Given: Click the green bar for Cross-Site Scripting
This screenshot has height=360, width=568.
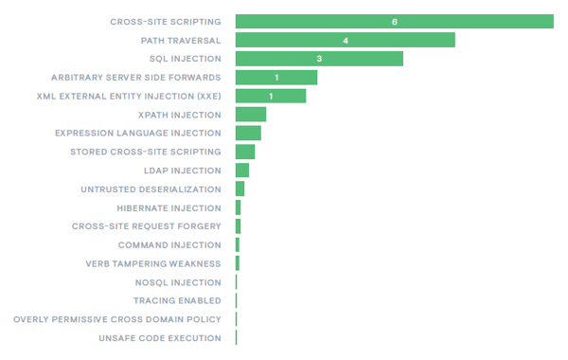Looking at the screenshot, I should tap(394, 22).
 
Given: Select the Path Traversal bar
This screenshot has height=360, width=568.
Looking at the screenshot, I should tap(345, 40).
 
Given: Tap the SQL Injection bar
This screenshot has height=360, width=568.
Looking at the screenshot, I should tap(319, 59).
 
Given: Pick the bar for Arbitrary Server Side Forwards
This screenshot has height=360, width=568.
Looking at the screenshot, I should tap(275, 78).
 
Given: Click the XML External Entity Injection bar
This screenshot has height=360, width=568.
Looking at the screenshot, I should tap(270, 96).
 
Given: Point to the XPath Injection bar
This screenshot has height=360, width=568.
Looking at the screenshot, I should tap(251, 115).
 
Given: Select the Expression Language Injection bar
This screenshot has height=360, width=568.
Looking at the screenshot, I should tap(248, 134).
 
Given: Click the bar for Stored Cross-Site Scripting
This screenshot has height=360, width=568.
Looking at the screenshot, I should tap(245, 152).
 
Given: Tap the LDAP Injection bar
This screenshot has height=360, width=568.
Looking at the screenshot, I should tap(242, 171).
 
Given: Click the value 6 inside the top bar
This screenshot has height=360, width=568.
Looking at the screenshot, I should tap(394, 22).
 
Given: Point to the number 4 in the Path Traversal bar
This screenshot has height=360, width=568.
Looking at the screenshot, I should tap(346, 40).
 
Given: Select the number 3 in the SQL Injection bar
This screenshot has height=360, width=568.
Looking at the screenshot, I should tap(319, 59).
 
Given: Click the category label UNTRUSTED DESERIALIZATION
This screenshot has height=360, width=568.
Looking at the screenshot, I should tap(151, 189).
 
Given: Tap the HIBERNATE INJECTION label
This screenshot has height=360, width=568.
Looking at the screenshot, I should tap(169, 207).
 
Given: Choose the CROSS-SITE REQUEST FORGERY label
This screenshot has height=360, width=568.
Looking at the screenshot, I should tap(146, 226).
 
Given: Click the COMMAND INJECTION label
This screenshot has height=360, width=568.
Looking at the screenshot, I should tap(169, 245).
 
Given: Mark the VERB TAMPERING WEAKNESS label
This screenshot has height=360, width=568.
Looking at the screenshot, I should tap(153, 263).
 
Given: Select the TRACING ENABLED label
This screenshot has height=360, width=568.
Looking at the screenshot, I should tap(177, 301).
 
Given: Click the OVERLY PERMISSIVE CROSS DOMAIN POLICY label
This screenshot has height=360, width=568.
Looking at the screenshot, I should tap(117, 319).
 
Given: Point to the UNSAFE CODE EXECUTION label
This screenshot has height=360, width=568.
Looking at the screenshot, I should tap(160, 338).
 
